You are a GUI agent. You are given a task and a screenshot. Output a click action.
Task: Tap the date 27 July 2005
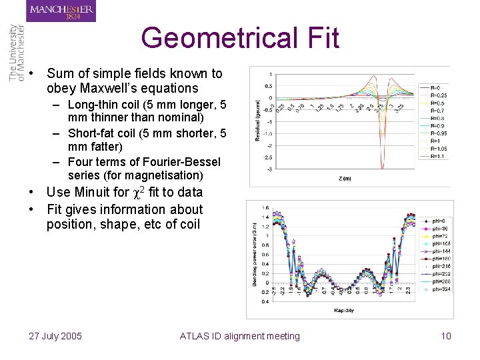55,336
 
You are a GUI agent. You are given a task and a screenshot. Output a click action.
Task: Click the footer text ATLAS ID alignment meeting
240,336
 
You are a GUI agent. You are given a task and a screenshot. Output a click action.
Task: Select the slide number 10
446,336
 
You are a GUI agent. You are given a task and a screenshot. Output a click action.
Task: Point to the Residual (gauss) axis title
257,120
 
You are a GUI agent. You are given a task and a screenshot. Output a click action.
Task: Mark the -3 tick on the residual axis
269,169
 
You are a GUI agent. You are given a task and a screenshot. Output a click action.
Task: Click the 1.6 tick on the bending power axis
265,207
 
